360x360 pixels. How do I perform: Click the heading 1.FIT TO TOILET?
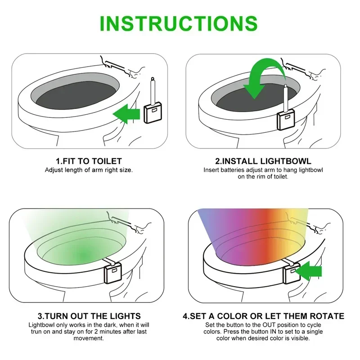click(x=89, y=161)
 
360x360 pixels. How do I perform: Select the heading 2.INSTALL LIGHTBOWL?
click(x=263, y=161)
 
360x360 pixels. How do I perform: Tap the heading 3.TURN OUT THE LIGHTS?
click(x=89, y=316)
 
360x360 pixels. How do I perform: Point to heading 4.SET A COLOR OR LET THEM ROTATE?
click(x=263, y=316)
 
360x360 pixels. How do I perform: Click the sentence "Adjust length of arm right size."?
click(x=89, y=170)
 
